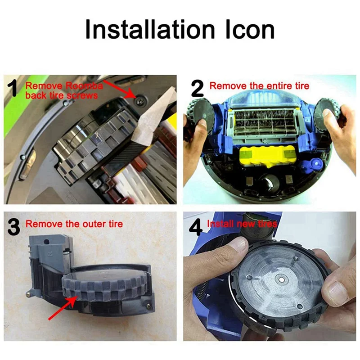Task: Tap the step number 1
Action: point(14,88)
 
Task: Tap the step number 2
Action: point(197,88)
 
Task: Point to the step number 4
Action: point(196,227)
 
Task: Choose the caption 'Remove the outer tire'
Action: point(74,224)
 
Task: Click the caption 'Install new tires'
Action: point(242,223)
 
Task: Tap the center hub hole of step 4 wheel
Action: point(281,281)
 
